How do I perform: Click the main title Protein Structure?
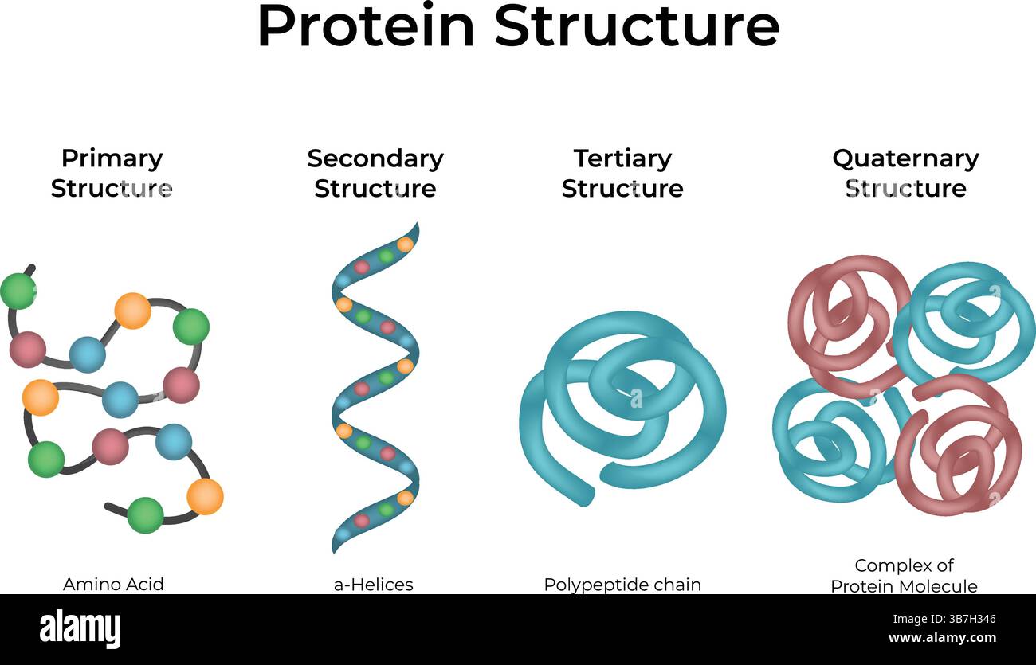[x=518, y=27]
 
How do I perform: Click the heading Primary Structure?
[x=112, y=173]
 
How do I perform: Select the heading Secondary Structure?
[x=375, y=173]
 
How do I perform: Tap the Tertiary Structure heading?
[x=622, y=173]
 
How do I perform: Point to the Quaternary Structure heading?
[x=905, y=173]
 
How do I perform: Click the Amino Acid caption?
[x=113, y=584]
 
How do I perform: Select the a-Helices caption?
[x=374, y=584]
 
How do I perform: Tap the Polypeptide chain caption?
[x=622, y=584]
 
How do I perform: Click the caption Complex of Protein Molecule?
[x=904, y=575]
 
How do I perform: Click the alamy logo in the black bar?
[x=80, y=628]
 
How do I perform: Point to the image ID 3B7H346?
[x=967, y=619]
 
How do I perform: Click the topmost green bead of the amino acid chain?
[x=18, y=291]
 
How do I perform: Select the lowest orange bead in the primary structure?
[x=205, y=496]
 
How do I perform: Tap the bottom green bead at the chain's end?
[x=145, y=514]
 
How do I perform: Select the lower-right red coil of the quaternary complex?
[x=960, y=450]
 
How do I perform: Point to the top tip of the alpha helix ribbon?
[x=414, y=229]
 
